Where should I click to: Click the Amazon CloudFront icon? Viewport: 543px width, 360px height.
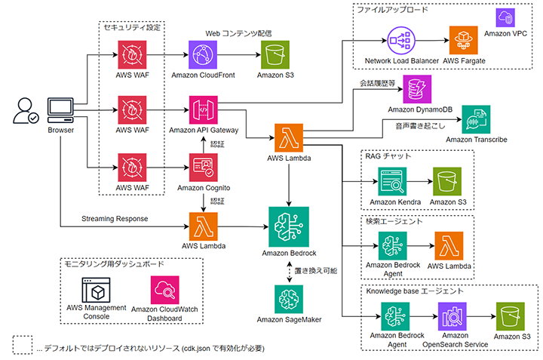[x=204, y=55]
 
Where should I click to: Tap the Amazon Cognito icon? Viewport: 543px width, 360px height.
[x=204, y=168]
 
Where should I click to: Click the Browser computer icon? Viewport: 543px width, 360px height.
[x=60, y=109]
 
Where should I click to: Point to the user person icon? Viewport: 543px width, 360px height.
[x=26, y=109]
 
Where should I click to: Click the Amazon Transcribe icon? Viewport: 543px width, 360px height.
[x=476, y=120]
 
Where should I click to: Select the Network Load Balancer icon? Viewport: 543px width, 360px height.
[x=402, y=40]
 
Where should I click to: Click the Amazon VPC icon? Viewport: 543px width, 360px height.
[x=505, y=18]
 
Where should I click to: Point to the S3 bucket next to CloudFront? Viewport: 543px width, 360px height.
[x=275, y=55]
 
